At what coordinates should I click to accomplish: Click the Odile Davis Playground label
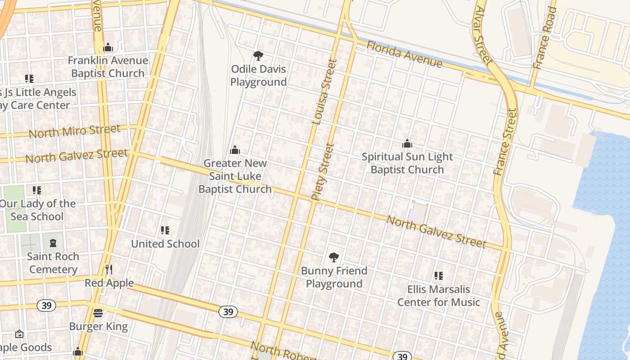258,76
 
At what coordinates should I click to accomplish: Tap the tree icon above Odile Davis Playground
258,56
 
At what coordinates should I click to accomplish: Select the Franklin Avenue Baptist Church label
108,67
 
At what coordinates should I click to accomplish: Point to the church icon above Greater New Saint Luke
235,150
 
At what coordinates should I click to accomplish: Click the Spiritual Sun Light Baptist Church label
407,163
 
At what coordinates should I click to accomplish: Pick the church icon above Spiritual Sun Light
407,144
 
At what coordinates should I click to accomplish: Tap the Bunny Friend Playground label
334,277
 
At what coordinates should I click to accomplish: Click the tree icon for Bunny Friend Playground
334,257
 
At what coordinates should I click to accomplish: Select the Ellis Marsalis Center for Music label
439,296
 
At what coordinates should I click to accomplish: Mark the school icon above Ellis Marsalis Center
439,276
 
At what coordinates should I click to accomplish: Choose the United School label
165,244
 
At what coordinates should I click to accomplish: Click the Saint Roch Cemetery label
53,263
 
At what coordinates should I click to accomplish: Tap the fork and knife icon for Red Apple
108,269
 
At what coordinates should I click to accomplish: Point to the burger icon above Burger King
98,313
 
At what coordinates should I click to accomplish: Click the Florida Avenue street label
404,54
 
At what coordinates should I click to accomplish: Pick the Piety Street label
323,171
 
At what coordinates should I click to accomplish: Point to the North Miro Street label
75,131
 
